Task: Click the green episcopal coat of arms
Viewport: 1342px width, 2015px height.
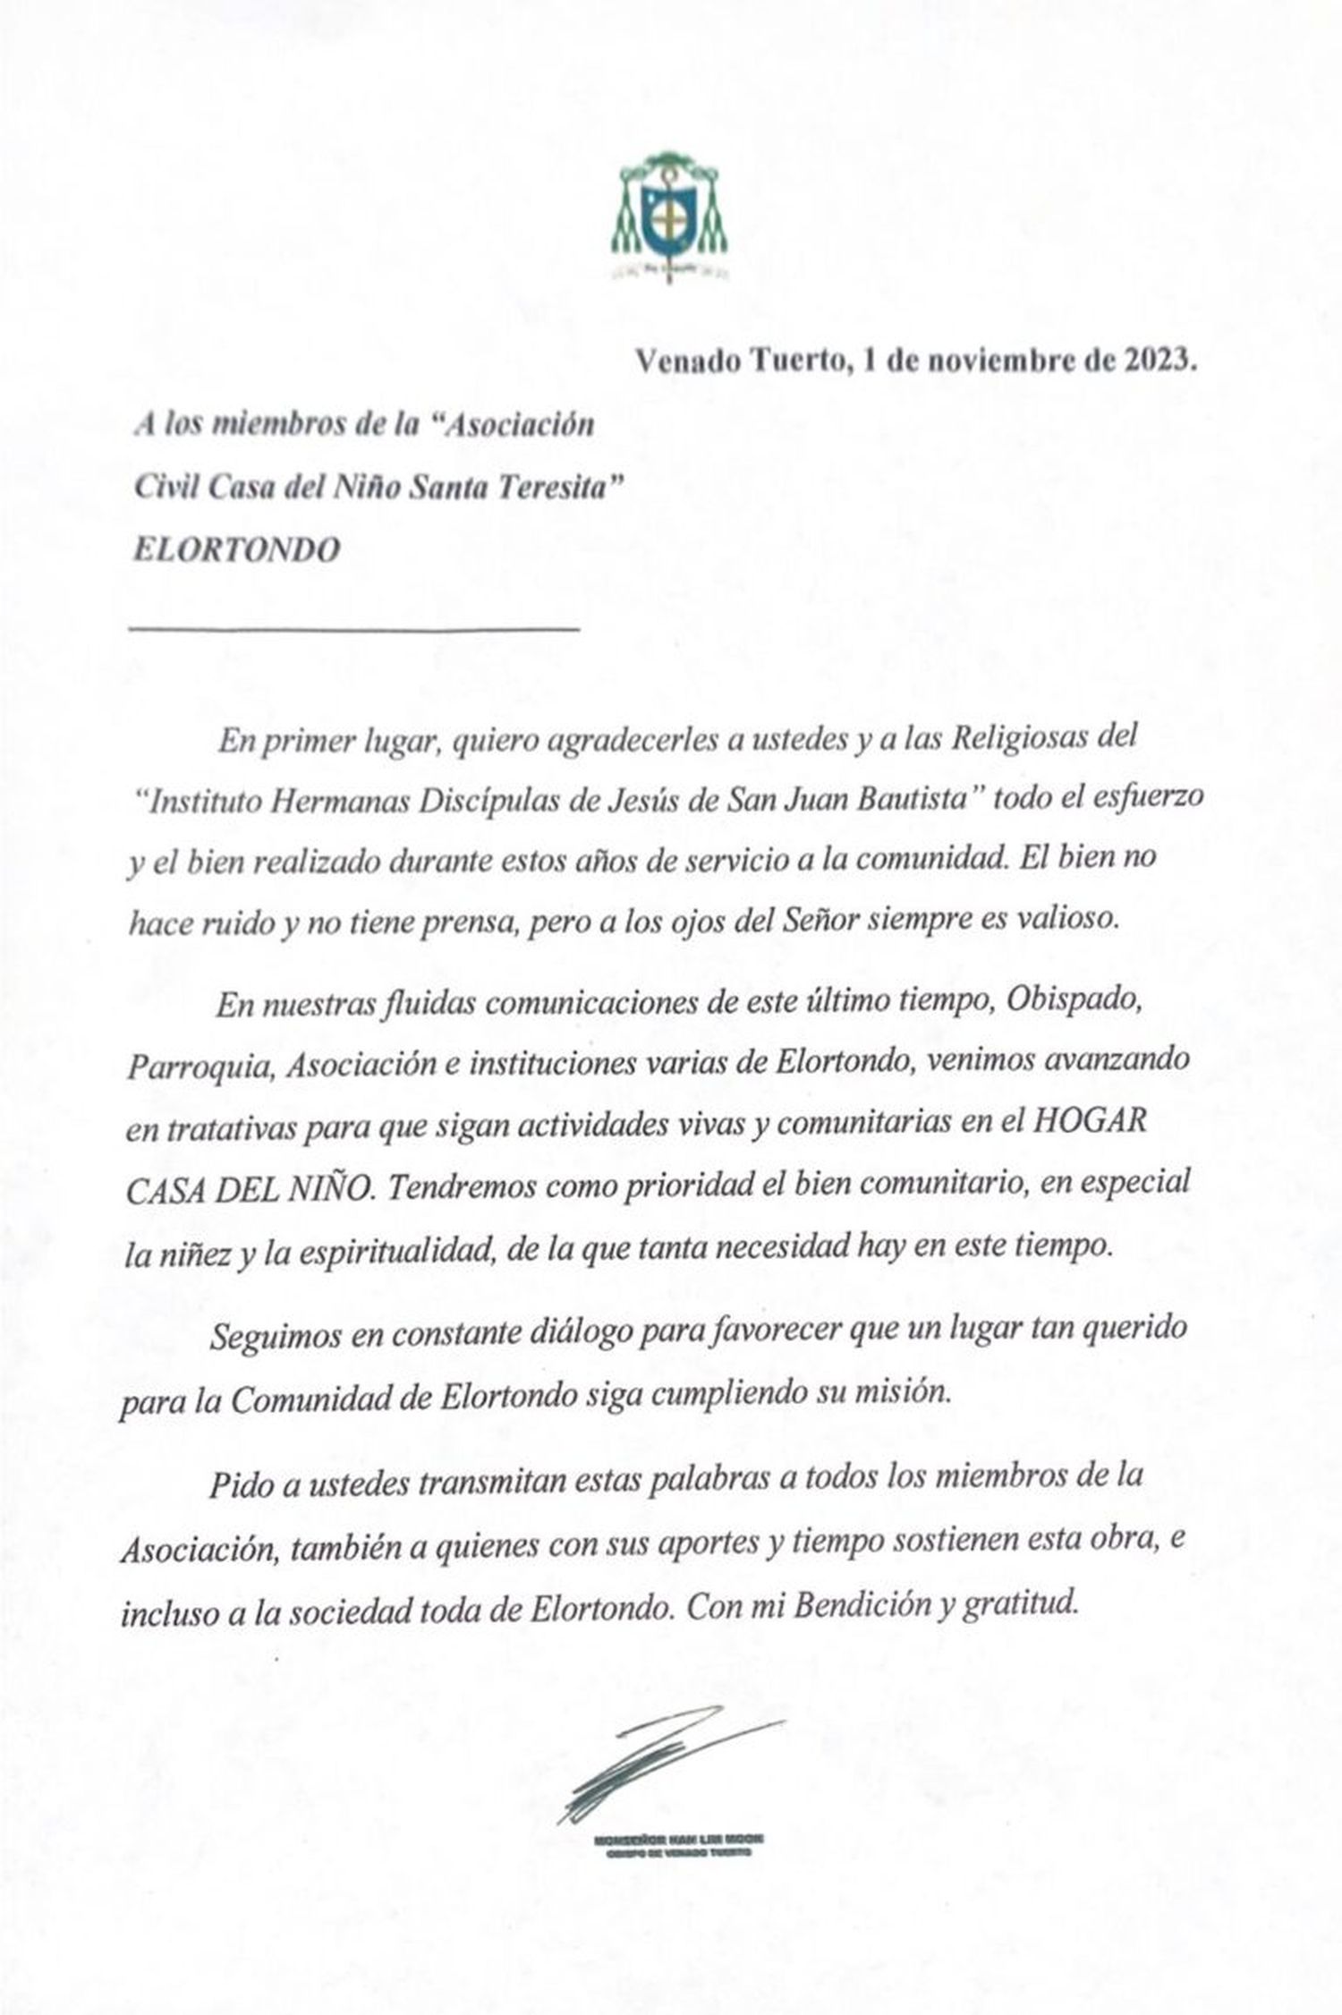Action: click(669, 216)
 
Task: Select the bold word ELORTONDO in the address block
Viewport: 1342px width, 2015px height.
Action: click(236, 548)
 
